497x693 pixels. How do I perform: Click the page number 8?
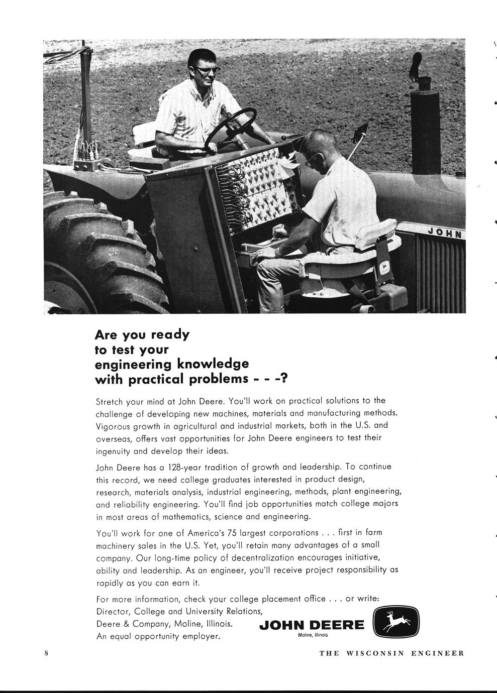46,653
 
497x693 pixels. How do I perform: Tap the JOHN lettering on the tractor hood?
446,233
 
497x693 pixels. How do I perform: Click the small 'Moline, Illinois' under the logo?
313,635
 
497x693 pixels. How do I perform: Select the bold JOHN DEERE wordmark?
312,625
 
